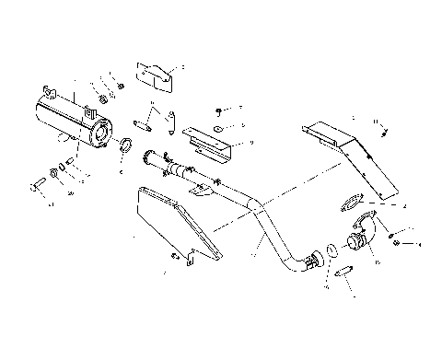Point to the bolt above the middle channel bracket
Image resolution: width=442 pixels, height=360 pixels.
(218, 109)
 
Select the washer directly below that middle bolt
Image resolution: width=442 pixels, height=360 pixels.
(216, 127)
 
